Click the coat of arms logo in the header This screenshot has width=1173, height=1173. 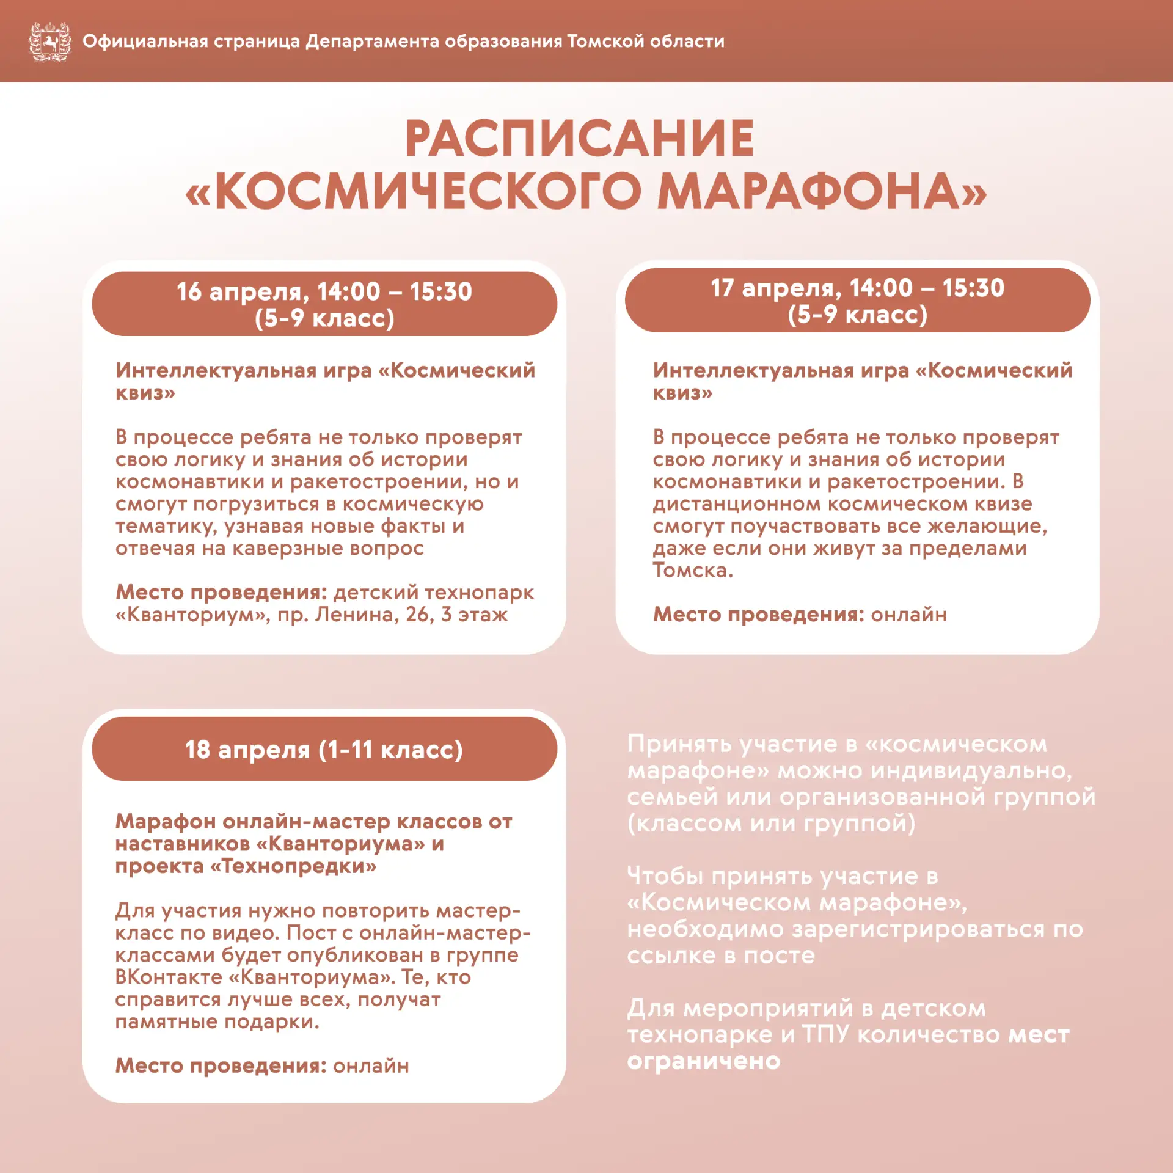pyautogui.click(x=50, y=42)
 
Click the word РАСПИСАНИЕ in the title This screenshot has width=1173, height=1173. pyautogui.click(x=579, y=139)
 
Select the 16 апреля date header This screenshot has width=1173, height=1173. pyautogui.click(x=324, y=304)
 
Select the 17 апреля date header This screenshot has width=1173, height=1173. pyautogui.click(x=857, y=300)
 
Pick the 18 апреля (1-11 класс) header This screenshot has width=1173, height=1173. pyautogui.click(x=324, y=749)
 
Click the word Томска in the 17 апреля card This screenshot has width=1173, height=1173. pyautogui.click(x=692, y=570)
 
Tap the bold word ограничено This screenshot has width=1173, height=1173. pyautogui.click(x=704, y=1061)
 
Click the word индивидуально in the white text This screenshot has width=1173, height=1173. pyautogui.click(x=971, y=770)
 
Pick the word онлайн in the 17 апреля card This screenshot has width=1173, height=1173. pyautogui.click(x=908, y=614)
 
